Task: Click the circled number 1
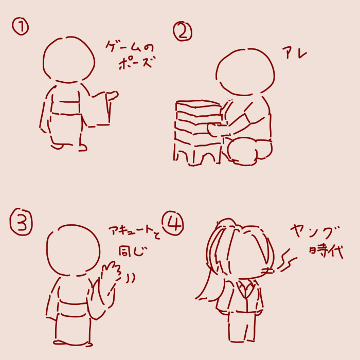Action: point(21,27)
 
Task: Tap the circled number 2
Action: point(183,32)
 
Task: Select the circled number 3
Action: point(21,222)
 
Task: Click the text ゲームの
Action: point(130,47)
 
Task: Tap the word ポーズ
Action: point(136,63)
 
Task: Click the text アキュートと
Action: point(135,231)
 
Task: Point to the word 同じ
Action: point(133,251)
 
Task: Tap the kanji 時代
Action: point(326,251)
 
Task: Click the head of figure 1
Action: point(68,59)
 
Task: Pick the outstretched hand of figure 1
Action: point(113,95)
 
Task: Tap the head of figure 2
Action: point(245,72)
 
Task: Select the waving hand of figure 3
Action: point(111,272)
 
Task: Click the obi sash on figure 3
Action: point(74,308)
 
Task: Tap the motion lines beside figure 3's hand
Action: point(130,277)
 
